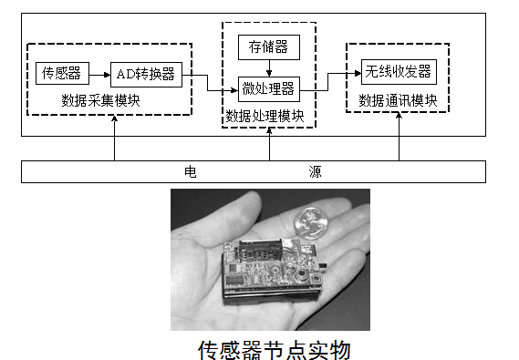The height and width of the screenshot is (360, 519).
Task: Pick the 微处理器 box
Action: tap(268, 87)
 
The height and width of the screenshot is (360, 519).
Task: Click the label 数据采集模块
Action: tap(100, 100)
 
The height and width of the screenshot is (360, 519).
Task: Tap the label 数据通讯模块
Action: tap(400, 99)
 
